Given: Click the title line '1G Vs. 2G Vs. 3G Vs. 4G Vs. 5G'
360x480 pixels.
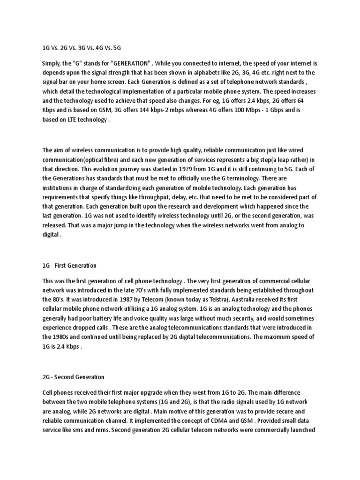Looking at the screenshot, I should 82,48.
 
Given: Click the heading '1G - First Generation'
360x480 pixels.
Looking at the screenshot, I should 69,266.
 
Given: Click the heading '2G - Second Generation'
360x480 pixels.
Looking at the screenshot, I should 73,376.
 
